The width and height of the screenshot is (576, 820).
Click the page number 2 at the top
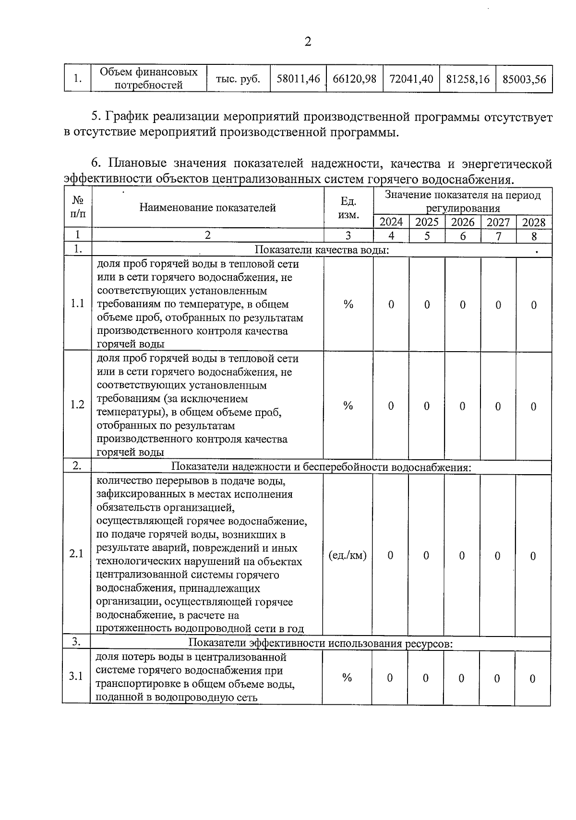point(308,42)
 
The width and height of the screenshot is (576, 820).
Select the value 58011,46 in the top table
point(298,79)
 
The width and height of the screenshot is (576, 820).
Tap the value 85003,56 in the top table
point(524,79)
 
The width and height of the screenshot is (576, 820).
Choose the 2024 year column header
point(391,222)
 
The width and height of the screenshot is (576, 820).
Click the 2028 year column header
point(534,222)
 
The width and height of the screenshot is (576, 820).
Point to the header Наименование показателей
point(207,208)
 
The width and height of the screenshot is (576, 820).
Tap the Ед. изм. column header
point(348,208)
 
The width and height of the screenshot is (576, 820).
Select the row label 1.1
point(77,304)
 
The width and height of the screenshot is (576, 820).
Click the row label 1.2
point(77,404)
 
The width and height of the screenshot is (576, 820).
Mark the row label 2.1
point(76,554)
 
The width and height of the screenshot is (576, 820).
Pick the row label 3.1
point(76,676)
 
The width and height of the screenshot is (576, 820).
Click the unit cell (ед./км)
point(348,555)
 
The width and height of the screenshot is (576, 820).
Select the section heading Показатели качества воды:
point(321,250)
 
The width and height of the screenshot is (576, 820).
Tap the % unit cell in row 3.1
point(347,677)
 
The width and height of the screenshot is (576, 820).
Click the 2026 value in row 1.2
point(462,406)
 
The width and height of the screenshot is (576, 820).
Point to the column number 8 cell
point(534,236)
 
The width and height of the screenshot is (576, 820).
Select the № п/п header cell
point(78,207)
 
